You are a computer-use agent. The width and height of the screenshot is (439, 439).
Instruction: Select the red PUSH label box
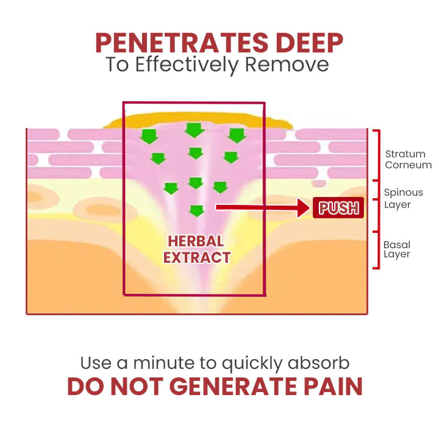click(x=339, y=208)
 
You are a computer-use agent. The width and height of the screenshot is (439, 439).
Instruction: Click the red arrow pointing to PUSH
click(x=262, y=208)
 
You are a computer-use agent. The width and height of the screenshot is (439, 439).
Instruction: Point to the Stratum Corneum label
click(x=408, y=159)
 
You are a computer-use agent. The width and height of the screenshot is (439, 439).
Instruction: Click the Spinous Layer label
click(x=403, y=198)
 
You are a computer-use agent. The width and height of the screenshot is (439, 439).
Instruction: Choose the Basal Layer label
click(x=397, y=249)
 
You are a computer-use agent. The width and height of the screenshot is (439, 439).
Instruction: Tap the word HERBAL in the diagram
click(x=196, y=241)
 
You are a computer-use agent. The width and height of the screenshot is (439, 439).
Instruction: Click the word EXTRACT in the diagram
click(x=196, y=257)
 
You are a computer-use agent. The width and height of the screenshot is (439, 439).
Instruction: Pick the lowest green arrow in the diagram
click(x=196, y=211)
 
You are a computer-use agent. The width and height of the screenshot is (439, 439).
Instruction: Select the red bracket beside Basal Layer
click(x=376, y=250)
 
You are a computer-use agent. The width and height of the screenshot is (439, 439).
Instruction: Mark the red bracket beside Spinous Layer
click(x=376, y=205)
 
